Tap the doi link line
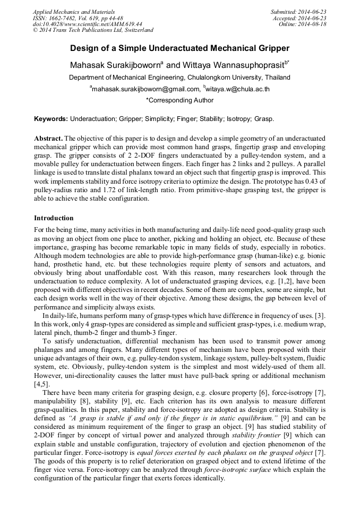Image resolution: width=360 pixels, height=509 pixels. click(x=88, y=24)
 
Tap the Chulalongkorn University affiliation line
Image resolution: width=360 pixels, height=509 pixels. click(x=179, y=77)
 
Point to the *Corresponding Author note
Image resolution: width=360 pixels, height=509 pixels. click(x=179, y=100)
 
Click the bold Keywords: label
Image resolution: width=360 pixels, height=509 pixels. click(x=51, y=119)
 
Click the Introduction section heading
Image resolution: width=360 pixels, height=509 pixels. click(x=54, y=218)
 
